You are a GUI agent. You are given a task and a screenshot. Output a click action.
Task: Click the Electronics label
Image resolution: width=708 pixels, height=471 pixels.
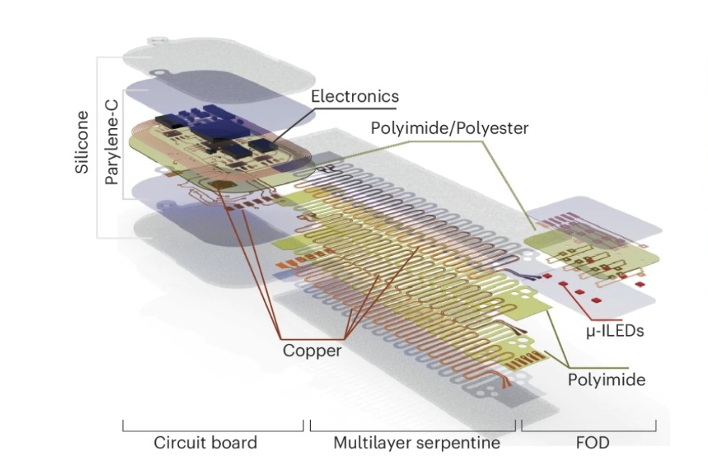(355, 95)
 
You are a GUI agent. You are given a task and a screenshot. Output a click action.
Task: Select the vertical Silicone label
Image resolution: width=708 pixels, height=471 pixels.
(82, 141)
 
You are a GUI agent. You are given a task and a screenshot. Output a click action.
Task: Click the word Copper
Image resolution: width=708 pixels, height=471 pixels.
(312, 350)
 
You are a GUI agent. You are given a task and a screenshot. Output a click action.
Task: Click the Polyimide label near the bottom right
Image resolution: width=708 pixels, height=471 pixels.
(607, 380)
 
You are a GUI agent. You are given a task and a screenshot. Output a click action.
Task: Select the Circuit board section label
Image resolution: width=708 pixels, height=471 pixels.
(205, 443)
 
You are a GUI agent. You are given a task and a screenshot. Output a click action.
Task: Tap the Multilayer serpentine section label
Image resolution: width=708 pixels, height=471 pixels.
(417, 443)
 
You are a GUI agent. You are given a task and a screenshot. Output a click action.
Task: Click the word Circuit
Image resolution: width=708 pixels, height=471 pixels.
(181, 443)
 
